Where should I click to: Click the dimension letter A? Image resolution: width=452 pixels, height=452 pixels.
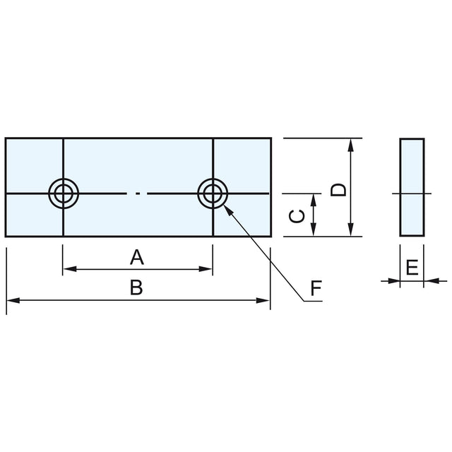137,257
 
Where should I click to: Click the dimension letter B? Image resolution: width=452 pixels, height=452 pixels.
137,287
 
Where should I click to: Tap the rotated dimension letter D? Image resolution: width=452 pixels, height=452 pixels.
339,189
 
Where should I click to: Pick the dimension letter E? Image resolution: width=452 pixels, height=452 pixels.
412,267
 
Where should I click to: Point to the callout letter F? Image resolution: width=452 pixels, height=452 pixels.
316,288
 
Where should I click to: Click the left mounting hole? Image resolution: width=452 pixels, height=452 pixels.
64,192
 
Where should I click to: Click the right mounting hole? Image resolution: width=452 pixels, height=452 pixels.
213,192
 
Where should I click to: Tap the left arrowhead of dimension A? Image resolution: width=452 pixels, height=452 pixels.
68,268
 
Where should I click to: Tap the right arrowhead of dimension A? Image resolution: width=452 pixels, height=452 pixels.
208,268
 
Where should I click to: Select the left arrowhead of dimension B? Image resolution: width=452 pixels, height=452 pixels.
11,301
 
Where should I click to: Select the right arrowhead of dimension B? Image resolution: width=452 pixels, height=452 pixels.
266,301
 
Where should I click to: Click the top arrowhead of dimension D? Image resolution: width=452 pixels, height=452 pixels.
351,143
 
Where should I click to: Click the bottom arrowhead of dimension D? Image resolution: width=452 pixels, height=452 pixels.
351,231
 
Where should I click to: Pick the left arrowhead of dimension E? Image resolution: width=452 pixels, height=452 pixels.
395,281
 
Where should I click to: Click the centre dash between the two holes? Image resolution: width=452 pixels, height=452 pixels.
138,192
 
